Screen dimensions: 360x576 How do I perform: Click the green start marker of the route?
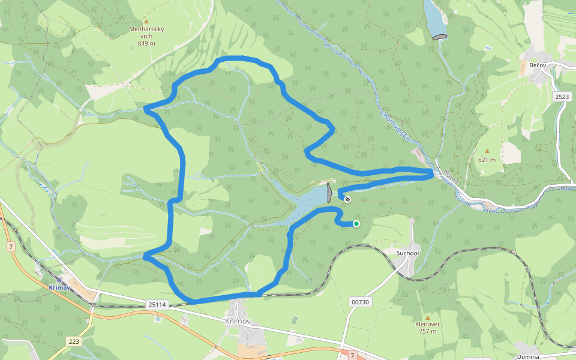pyautogui.click(x=356, y=224)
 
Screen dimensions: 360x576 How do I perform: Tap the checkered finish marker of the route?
pyautogui.click(x=347, y=199)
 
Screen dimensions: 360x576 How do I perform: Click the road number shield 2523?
pyautogui.click(x=562, y=97)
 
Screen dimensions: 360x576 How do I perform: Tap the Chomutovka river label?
pyautogui.click(x=395, y=125)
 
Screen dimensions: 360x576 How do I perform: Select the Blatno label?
pyautogui.click(x=451, y=176)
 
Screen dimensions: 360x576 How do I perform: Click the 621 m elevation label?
pyautogui.click(x=487, y=160)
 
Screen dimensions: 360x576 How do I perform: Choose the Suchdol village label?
pyautogui.click(x=407, y=253)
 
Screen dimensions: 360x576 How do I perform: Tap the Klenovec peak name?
pyautogui.click(x=428, y=324)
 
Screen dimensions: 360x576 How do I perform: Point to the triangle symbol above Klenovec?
pyautogui.click(x=428, y=317)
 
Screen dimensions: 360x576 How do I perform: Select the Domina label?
pyautogui.click(x=527, y=356)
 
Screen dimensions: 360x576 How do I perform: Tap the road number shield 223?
pyautogui.click(x=73, y=341)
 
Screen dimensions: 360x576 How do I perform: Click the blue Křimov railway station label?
pyautogui.click(x=61, y=287)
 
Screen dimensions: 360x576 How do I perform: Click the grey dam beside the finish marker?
pyautogui.click(x=329, y=193)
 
